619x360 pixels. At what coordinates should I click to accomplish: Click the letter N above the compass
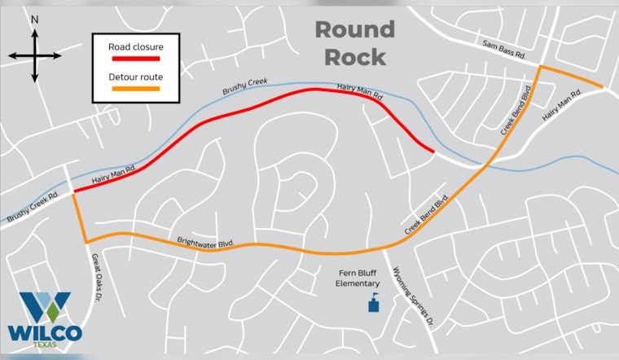pyautogui.click(x=34, y=17)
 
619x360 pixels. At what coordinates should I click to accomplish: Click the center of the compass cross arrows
pyautogui.click(x=35, y=55)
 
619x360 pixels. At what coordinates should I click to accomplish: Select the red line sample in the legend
pyautogui.click(x=135, y=59)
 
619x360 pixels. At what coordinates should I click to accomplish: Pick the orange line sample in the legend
pyautogui.click(x=135, y=89)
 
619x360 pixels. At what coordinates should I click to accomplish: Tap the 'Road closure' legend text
pyautogui.click(x=135, y=46)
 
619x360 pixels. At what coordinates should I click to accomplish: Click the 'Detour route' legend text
pyautogui.click(x=135, y=77)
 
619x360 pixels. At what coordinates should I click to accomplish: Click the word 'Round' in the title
pyautogui.click(x=354, y=30)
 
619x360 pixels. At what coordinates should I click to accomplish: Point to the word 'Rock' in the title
pyautogui.click(x=354, y=57)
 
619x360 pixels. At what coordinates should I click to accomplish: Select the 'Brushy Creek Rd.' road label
pyautogui.click(x=32, y=208)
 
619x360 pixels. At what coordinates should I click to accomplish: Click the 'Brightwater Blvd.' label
pyautogui.click(x=205, y=243)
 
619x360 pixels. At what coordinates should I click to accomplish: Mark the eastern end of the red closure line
pyautogui.click(x=432, y=150)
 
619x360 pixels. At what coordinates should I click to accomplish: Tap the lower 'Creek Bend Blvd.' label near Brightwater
pyautogui.click(x=428, y=216)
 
